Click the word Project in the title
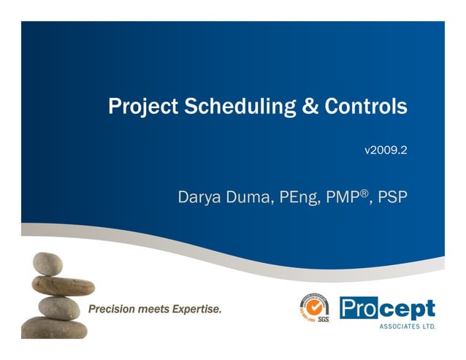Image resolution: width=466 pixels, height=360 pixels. click(137, 107)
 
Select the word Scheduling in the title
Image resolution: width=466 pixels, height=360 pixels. click(232, 107)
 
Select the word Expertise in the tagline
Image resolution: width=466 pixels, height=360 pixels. click(196, 310)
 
